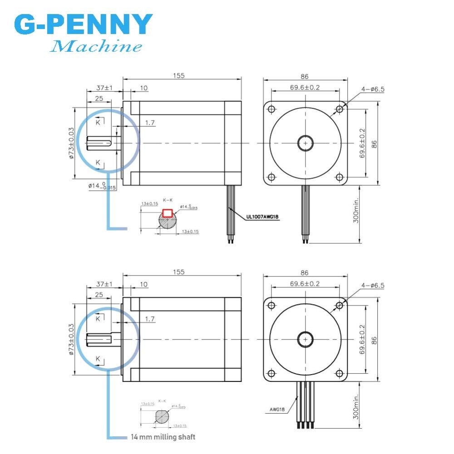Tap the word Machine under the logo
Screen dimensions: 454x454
[x=96, y=46]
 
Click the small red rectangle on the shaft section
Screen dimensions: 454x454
[x=167, y=212]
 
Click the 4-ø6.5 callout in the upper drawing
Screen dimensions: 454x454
[x=373, y=89]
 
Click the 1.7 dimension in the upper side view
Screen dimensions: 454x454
[x=150, y=123]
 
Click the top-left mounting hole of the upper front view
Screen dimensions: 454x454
[x=271, y=109]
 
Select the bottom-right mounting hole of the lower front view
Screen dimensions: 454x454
[x=339, y=373]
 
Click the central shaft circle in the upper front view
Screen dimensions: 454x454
[x=305, y=143]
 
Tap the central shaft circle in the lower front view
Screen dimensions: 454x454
[x=305, y=339]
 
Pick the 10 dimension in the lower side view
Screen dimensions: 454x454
[x=143, y=284]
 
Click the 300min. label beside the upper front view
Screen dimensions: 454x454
[x=356, y=210]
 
